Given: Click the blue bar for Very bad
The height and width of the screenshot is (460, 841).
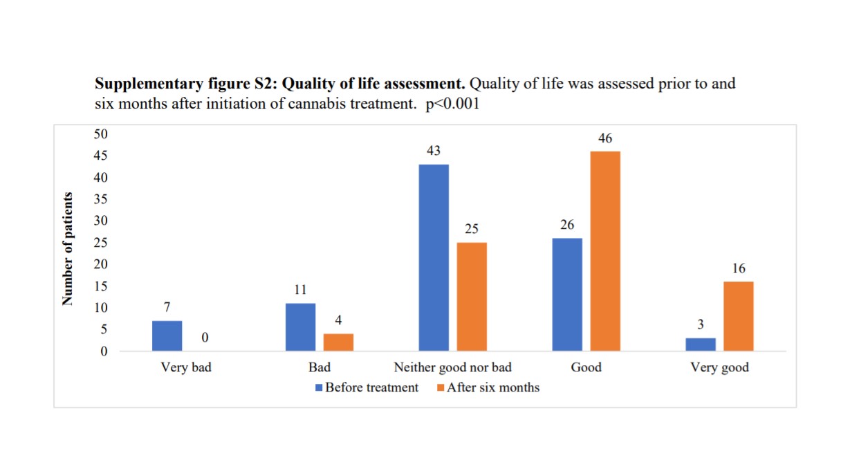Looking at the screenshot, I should pyautogui.click(x=167, y=335).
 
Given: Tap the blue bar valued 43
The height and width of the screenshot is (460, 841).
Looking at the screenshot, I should pyautogui.click(x=434, y=257).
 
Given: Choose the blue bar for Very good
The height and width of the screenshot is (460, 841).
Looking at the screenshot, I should pyautogui.click(x=701, y=344).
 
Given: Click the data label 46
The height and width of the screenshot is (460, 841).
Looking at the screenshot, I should pyautogui.click(x=605, y=139).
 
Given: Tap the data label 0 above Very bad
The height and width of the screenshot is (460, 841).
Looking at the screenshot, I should pyautogui.click(x=205, y=338).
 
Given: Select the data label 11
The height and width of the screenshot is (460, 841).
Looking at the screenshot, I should pyautogui.click(x=300, y=291).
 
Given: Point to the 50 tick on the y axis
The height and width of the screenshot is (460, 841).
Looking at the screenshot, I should pyautogui.click(x=101, y=134).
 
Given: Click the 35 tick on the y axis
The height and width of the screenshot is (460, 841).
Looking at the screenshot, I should pyautogui.click(x=101, y=199).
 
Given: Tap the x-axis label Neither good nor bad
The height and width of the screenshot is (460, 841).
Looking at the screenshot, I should pyautogui.click(x=452, y=367).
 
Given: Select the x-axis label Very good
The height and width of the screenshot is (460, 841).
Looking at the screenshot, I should pyautogui.click(x=719, y=367).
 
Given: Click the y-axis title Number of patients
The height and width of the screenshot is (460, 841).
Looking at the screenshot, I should pyautogui.click(x=68, y=249).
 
